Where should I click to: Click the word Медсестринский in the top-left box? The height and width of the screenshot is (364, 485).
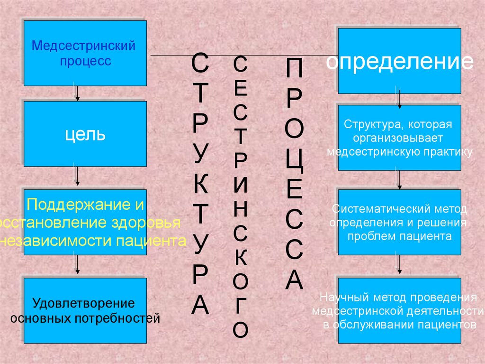tap(83, 47)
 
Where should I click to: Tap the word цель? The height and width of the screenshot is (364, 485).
tap(85, 134)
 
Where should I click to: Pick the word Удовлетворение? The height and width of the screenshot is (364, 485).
tap(83, 303)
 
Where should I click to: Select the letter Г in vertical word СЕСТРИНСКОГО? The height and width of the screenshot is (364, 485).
tap(241, 306)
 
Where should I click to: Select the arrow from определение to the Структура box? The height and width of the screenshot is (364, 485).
tap(399, 99)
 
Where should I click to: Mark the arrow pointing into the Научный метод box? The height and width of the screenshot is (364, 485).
tap(399, 266)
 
